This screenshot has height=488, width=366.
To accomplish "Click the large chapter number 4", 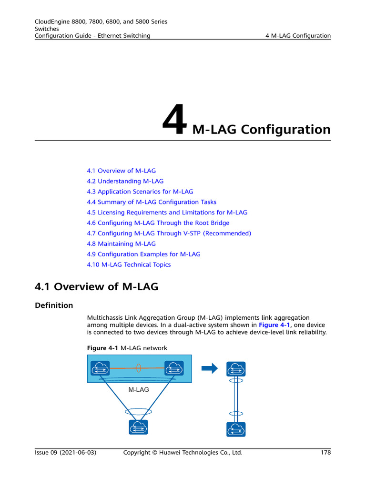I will [174, 121].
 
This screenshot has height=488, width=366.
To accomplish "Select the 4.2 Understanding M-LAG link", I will [125, 181].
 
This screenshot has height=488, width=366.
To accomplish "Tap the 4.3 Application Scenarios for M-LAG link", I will [140, 192].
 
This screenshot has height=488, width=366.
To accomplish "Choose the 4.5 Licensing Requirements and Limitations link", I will [167, 213].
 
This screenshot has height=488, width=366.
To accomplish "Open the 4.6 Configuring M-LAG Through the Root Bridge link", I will [158, 223].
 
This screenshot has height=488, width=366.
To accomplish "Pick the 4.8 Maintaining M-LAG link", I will [121, 244].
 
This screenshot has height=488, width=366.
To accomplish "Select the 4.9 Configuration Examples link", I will [143, 254].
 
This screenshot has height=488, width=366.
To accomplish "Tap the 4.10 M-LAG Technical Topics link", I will [129, 265].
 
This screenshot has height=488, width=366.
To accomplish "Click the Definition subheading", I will [54, 305].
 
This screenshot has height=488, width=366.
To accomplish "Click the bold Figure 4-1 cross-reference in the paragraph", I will [274, 325].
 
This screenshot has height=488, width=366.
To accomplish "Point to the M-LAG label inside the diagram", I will [139, 389].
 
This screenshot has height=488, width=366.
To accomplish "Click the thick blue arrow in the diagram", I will [210, 368].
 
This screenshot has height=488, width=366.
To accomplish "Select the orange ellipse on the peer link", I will [139, 368].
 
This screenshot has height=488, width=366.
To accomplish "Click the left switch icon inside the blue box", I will [101, 368].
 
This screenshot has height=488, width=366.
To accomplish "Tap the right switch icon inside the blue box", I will [174, 368].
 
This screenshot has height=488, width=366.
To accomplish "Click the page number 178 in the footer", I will [325, 453].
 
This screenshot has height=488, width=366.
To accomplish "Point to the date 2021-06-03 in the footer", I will [78, 453].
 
